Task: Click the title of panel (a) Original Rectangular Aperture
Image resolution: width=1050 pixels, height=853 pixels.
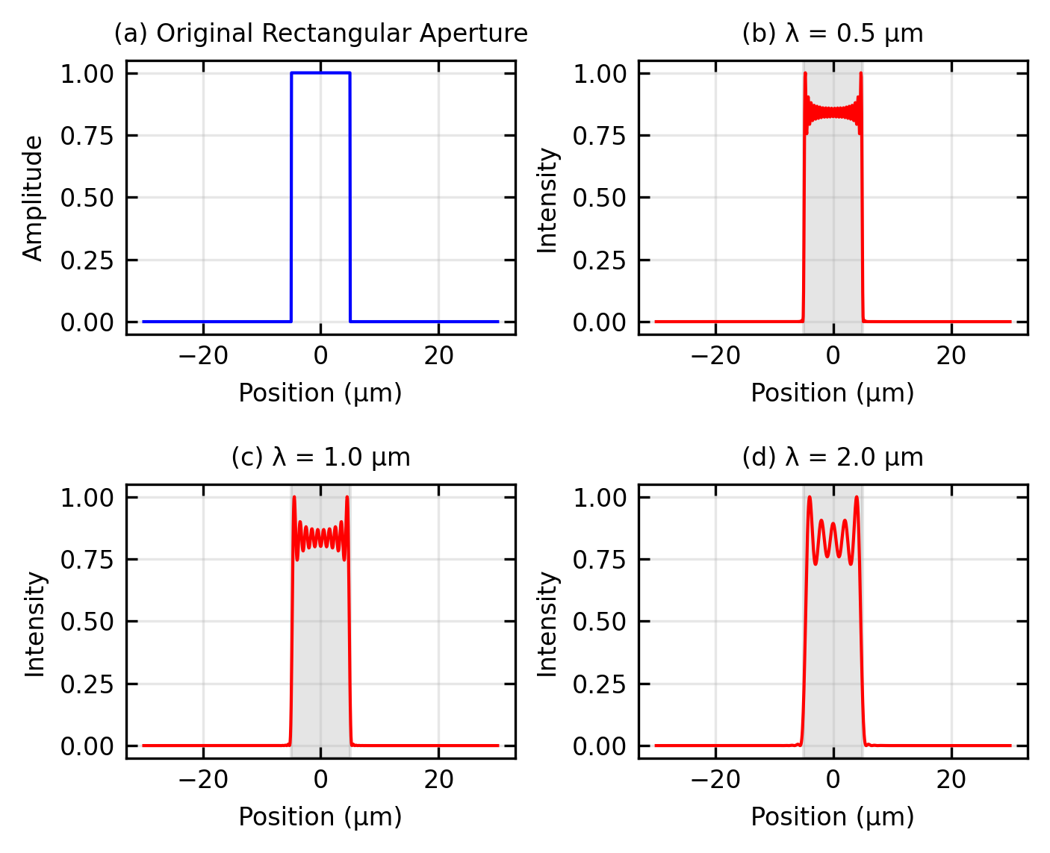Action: [320, 34]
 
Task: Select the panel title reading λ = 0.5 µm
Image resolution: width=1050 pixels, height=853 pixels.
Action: [833, 34]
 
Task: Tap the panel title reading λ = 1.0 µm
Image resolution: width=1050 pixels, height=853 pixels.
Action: [320, 457]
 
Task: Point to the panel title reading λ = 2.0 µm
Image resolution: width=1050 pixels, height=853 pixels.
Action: [833, 457]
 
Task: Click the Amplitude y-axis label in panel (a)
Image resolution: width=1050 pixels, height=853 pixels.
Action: [33, 198]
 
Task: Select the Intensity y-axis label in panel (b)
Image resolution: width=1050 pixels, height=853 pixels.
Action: [547, 200]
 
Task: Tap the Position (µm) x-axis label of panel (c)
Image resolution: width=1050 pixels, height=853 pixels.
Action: [320, 816]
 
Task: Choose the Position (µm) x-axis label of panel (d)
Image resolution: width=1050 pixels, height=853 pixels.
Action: [833, 816]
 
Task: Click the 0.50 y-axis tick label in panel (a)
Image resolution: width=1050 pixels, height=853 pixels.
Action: [87, 198]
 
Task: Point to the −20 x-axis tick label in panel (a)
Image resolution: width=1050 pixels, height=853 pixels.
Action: [203, 356]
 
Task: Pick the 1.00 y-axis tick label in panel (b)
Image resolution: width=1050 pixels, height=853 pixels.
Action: [600, 73]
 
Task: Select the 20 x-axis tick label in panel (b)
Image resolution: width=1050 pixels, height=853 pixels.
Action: [951, 356]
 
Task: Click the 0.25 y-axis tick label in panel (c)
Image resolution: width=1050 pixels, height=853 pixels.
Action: [87, 684]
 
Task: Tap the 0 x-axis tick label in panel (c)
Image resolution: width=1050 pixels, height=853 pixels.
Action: [320, 780]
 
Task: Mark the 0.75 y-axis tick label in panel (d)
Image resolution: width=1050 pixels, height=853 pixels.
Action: [600, 559]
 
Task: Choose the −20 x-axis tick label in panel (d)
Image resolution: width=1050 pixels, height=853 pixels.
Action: [715, 780]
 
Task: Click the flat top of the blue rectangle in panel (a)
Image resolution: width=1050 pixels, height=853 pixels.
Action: [320, 73]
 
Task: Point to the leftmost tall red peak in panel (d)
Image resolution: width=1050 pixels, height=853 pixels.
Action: [810, 499]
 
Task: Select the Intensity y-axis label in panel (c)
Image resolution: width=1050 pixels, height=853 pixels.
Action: [34, 624]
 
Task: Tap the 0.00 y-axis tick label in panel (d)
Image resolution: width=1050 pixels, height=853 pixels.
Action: [600, 746]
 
